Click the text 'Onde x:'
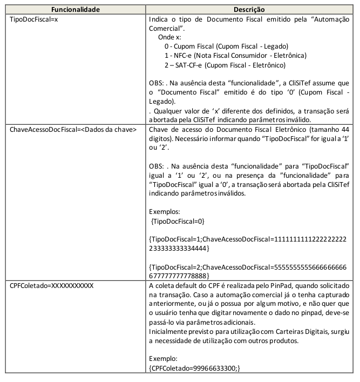coord(171,37)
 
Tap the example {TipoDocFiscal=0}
coord(178,221)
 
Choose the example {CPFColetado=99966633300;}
coord(194,367)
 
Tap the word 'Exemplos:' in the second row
coord(164,212)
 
